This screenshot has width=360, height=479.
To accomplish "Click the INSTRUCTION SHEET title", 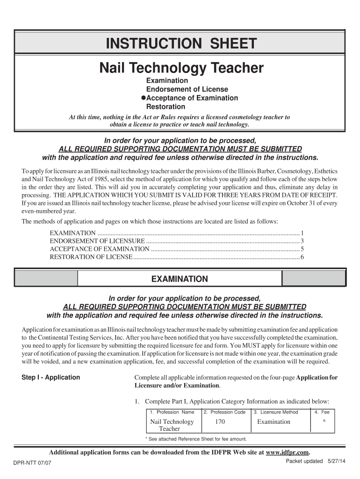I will click(x=181, y=44).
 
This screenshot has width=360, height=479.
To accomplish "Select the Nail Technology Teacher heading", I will click(x=181, y=68).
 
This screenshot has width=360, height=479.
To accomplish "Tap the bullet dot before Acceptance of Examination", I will click(x=144, y=98).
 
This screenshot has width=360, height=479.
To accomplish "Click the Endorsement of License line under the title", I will click(x=187, y=89).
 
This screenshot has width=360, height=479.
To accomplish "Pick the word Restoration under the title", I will click(x=166, y=107).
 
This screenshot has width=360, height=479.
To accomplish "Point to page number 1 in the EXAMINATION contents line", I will click(x=302, y=233).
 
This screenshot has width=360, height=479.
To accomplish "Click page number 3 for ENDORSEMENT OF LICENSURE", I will click(x=302, y=241).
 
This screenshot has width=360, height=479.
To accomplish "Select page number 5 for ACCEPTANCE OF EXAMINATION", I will click(x=302, y=249).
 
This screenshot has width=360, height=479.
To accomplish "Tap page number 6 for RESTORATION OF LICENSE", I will click(x=302, y=257).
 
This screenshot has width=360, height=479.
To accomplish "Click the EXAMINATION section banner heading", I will click(x=180, y=279).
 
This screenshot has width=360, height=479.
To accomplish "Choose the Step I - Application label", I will click(x=51, y=377).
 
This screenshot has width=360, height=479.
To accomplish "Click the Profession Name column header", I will click(x=172, y=412).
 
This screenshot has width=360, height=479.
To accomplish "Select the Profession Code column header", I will click(x=224, y=412).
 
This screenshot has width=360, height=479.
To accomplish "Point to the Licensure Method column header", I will click(x=275, y=412).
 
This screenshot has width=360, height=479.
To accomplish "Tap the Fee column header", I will click(x=322, y=412).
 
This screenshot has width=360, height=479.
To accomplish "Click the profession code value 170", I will click(x=220, y=422).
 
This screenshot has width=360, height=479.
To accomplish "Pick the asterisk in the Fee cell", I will click(x=324, y=422).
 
